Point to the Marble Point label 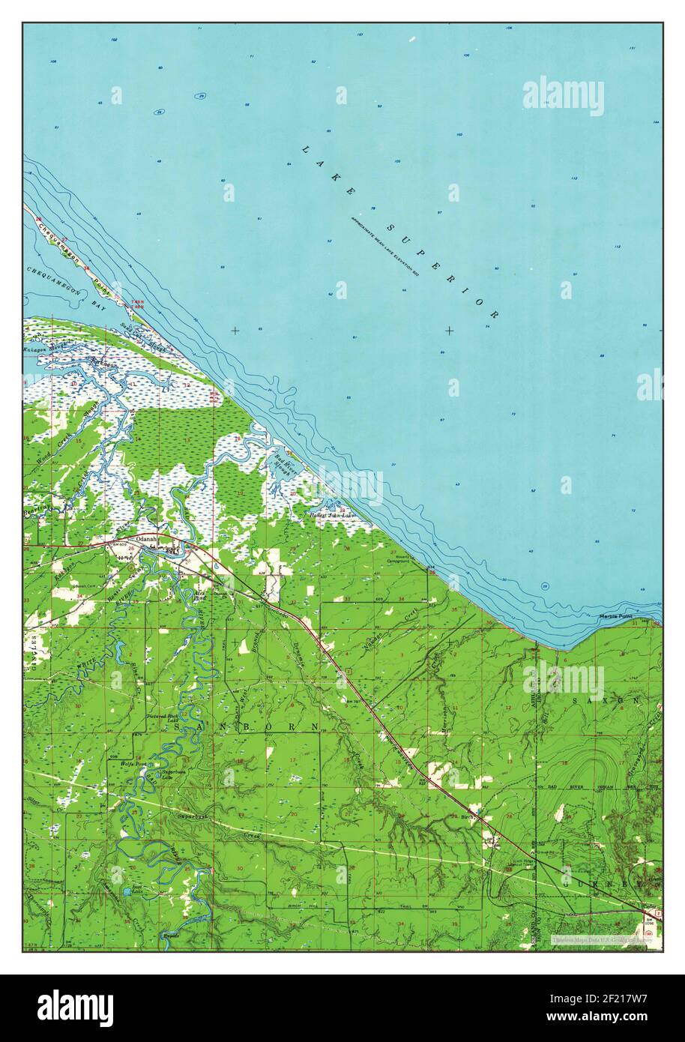coord(617,616)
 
